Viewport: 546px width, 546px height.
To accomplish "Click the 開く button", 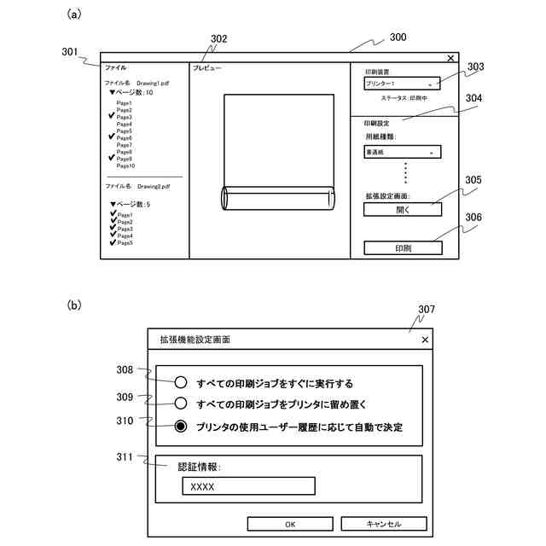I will (x=403, y=210).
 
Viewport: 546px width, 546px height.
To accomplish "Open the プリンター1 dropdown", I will (x=402, y=84).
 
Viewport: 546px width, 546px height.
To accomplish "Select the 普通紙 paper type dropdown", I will (x=402, y=153).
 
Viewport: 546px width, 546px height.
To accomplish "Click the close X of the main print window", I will (x=450, y=58).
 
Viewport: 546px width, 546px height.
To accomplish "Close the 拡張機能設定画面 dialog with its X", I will (x=425, y=340).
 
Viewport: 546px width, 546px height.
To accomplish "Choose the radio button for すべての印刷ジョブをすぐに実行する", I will (x=181, y=383).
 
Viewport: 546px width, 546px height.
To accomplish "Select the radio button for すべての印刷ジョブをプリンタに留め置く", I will (x=181, y=404).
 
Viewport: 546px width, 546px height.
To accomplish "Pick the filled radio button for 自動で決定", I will (x=181, y=427).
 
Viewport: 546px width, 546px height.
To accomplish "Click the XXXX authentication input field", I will (x=248, y=486).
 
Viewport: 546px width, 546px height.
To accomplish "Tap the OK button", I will (x=289, y=523).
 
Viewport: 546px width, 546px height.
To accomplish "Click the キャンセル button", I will (x=383, y=523).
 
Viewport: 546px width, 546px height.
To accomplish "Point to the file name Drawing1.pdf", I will (x=154, y=84).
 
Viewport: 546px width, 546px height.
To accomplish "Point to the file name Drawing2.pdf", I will (x=154, y=185).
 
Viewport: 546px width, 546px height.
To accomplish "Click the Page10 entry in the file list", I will (x=126, y=166).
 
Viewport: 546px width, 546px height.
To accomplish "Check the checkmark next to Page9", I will (x=111, y=159).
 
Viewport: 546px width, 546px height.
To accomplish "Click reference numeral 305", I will (x=473, y=181).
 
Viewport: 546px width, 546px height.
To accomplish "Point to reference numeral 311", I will (x=125, y=458).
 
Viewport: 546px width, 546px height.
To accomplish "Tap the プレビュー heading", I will (x=207, y=67).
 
